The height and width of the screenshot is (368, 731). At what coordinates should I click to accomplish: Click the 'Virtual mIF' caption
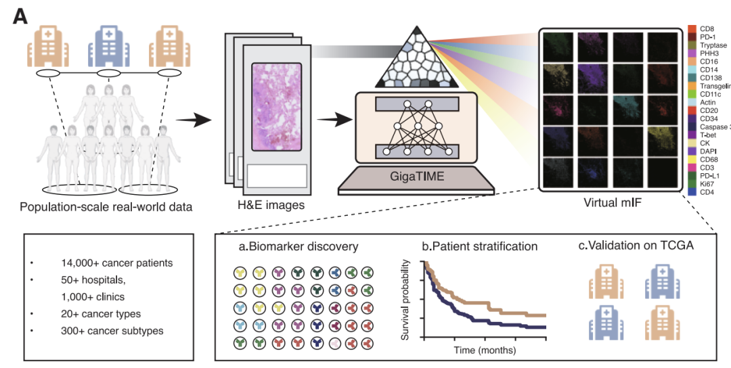(609, 202)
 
